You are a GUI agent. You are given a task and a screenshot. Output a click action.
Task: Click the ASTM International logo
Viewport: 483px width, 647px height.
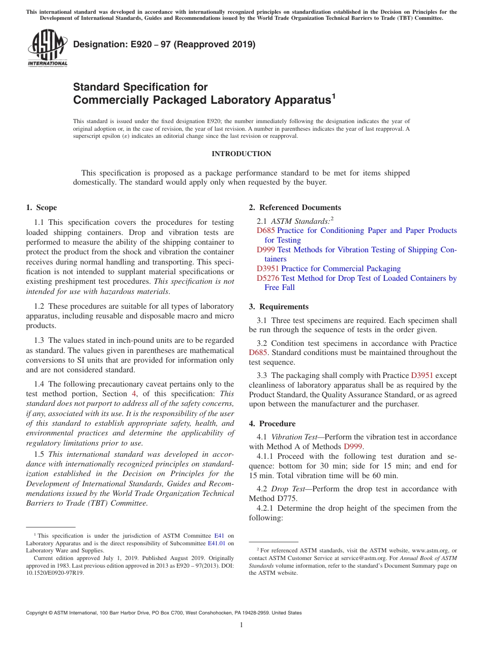pyautogui.click(x=47, y=48)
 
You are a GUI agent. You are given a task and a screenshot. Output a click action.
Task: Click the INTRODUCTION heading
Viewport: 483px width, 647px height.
pyautogui.click(x=241, y=154)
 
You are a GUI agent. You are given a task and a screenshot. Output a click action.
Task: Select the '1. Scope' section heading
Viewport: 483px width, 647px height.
pyautogui.click(x=42, y=208)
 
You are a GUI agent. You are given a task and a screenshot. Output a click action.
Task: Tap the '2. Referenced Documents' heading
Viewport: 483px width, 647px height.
pyautogui.click(x=295, y=208)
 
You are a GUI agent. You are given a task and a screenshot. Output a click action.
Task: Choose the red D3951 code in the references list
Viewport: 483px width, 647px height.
pyautogui.click(x=268, y=269)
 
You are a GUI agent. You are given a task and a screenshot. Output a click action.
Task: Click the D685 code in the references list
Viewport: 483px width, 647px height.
pyautogui.click(x=266, y=230)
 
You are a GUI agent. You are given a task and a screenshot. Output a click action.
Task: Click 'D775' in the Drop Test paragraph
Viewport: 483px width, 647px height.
pyautogui.click(x=290, y=498)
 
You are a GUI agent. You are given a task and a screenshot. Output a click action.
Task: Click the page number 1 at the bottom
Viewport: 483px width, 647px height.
pyautogui.click(x=242, y=625)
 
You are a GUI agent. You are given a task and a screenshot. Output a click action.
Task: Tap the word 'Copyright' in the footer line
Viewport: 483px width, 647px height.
pyautogui.click(x=38, y=613)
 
